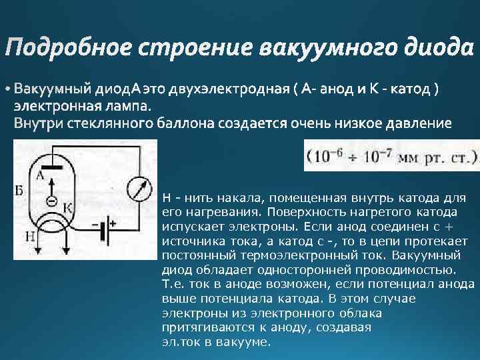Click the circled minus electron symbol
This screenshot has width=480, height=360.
tap(51, 201)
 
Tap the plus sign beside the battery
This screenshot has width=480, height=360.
tap(113, 224)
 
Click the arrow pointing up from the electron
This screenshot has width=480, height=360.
tap(51, 184)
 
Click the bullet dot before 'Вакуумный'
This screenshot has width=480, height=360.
tap(7, 89)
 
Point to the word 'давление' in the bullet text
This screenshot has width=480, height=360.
tap(415, 123)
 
